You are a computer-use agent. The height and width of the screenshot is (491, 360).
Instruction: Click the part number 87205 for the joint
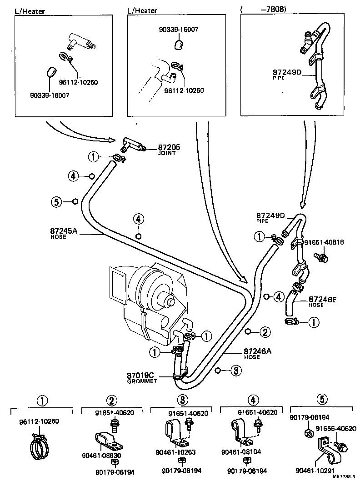(169, 147)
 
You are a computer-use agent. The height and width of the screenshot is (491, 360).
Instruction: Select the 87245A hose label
(64, 231)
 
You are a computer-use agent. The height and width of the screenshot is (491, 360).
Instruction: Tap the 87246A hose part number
(258, 351)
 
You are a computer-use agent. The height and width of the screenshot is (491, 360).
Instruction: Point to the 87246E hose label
(322, 299)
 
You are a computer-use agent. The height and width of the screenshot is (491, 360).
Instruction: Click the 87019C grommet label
(141, 375)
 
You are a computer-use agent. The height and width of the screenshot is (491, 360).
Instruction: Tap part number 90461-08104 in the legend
(241, 452)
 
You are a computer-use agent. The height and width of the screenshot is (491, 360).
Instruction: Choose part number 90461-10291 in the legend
(315, 471)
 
